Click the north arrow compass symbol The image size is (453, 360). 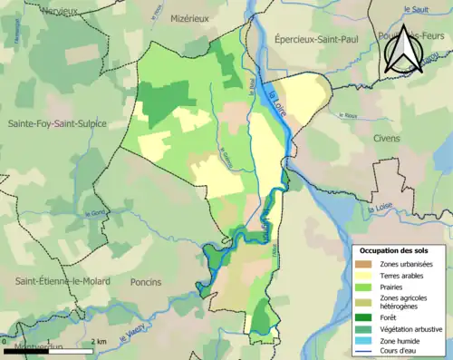click(x=402, y=49)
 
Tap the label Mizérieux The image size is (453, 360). click(x=191, y=17)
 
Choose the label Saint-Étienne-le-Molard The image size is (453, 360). click(x=62, y=282)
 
